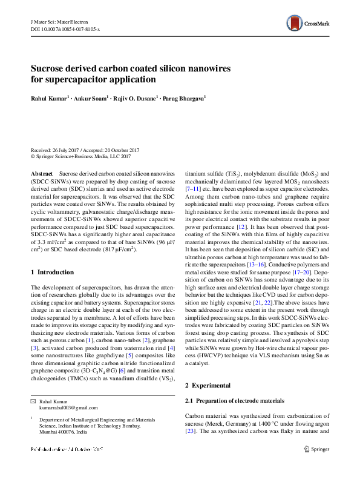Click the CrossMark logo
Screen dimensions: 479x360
click(x=307, y=24)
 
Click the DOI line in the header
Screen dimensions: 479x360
click(x=65, y=28)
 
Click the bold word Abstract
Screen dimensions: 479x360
click(x=42, y=173)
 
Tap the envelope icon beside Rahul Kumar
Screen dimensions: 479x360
click(x=33, y=401)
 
